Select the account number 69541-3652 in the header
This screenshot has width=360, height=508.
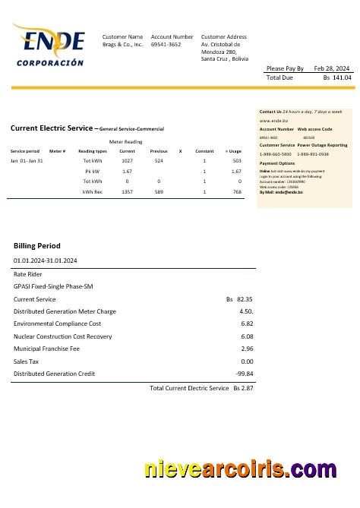click(x=166, y=45)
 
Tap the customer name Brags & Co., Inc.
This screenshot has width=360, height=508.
click(x=122, y=45)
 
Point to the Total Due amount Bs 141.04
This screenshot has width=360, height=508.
click(x=336, y=77)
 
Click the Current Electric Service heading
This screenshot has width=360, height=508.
click(x=53, y=128)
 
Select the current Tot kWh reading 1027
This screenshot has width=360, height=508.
click(x=127, y=161)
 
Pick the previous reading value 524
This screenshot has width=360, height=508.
click(x=159, y=161)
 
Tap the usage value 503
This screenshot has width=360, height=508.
click(x=237, y=161)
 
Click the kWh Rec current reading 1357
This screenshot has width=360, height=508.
click(x=127, y=192)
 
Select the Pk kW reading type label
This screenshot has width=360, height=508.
click(x=92, y=172)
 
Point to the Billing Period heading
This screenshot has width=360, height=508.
click(x=36, y=246)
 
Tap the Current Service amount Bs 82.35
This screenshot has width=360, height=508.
click(x=239, y=299)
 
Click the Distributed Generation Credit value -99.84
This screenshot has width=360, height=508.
click(x=244, y=374)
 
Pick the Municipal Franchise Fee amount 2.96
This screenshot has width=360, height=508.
click(x=246, y=349)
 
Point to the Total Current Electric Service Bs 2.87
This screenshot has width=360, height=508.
click(x=201, y=388)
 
